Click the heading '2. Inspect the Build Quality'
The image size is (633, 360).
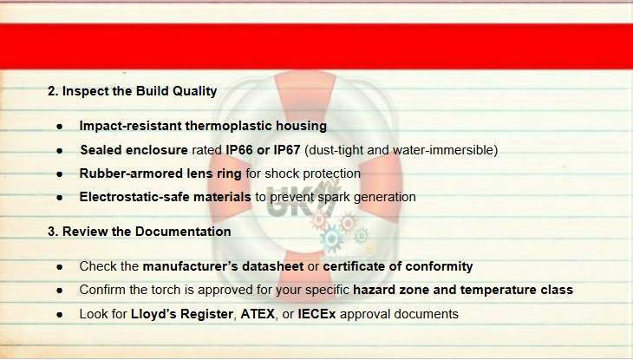pyautogui.click(x=132, y=91)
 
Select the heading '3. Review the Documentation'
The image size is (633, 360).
pyautogui.click(x=140, y=232)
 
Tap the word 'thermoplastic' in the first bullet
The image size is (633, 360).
pyautogui.click(x=229, y=126)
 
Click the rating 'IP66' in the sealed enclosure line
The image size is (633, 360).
pyautogui.click(x=239, y=150)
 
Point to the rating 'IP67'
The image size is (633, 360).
pyautogui.click(x=287, y=150)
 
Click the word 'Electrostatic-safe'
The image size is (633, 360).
pyautogui.click(x=134, y=197)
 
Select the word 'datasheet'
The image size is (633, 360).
pyautogui.click(x=272, y=266)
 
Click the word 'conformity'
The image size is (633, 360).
pyautogui.click(x=439, y=266)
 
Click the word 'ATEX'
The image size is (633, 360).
pyautogui.click(x=258, y=314)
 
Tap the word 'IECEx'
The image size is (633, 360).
pyautogui.click(x=316, y=314)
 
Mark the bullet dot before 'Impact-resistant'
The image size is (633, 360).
pyautogui.click(x=60, y=127)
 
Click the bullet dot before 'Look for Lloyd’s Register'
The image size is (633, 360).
pyautogui.click(x=60, y=315)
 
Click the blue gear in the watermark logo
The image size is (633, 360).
pyautogui.click(x=332, y=239)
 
